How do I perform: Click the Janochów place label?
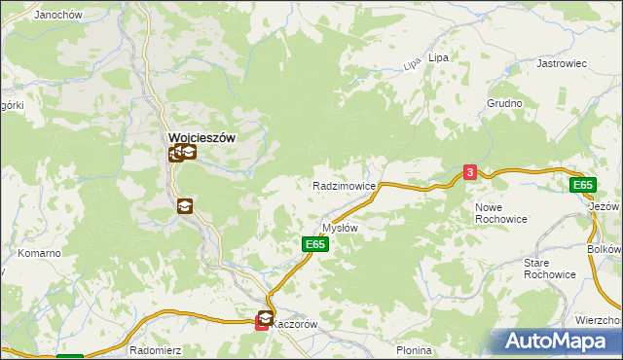click(56, 16)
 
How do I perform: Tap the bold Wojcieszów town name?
click(202, 138)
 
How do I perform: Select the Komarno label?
click(39, 253)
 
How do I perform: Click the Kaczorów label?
click(295, 324)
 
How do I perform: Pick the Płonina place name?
click(414, 350)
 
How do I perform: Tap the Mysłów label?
click(341, 228)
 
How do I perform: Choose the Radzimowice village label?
click(344, 185)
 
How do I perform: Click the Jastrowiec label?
click(562, 63)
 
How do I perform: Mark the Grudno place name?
click(505, 103)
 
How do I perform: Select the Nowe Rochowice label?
click(501, 213)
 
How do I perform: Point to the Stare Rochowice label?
click(550, 269)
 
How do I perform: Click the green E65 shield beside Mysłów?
click(313, 244)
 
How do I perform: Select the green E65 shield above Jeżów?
click(582, 185)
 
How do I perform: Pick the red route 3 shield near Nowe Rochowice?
click(470, 172)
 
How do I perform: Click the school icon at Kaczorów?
click(265, 317)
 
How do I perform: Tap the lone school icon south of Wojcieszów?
click(184, 206)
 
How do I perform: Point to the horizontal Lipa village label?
click(439, 58)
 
